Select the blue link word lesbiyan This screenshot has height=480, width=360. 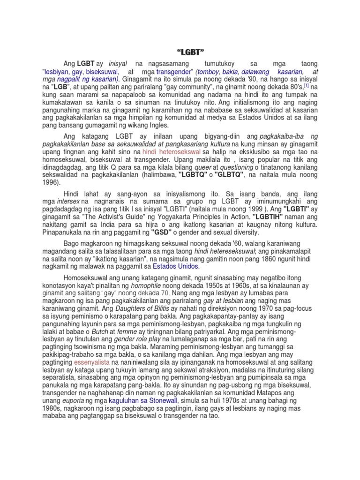pyautogui.click(x=56, y=72)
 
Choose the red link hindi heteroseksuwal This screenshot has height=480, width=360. pyautogui.click(x=172, y=152)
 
